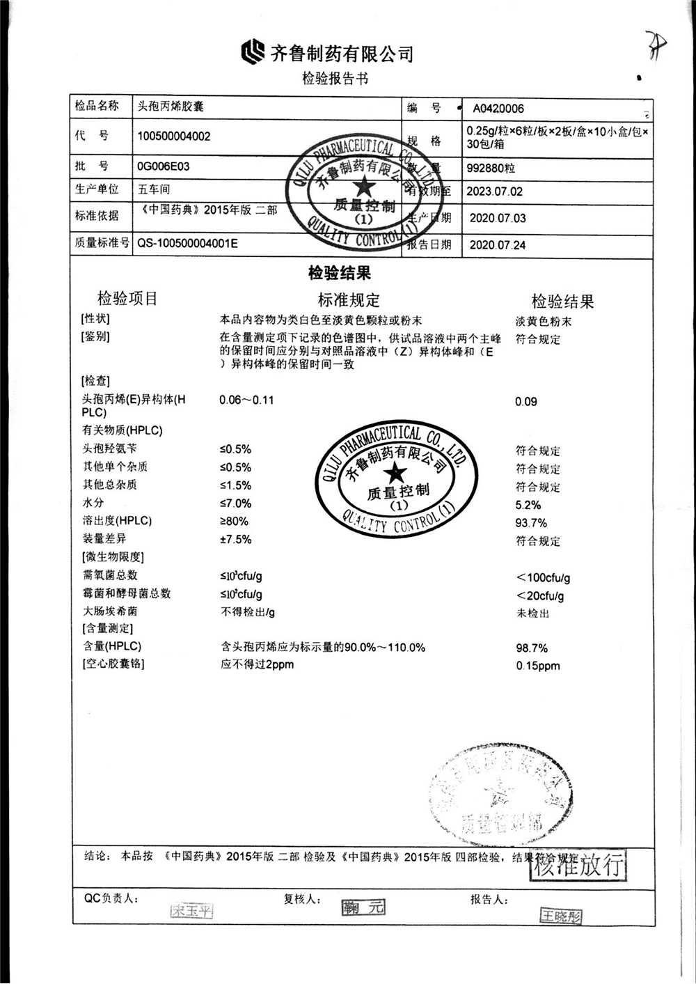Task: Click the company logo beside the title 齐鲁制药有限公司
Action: (x=253, y=52)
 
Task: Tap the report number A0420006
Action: (x=498, y=109)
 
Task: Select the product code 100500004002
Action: (x=173, y=136)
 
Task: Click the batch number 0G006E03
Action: (x=163, y=166)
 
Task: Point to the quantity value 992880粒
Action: (x=491, y=169)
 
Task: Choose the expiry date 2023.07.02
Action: (x=495, y=192)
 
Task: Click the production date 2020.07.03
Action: (x=498, y=218)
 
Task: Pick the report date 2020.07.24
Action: (x=498, y=244)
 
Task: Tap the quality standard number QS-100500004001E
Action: (x=187, y=243)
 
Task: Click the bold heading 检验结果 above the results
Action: (x=340, y=273)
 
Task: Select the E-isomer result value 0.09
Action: (x=526, y=402)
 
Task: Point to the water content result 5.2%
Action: (x=528, y=505)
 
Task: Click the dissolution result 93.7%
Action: (x=531, y=523)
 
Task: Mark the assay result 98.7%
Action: (x=532, y=648)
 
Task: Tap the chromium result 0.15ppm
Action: (x=538, y=666)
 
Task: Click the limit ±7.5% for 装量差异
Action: (x=235, y=540)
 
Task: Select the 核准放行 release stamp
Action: (x=579, y=865)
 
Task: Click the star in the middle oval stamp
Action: (x=395, y=474)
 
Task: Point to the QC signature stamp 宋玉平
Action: (x=191, y=910)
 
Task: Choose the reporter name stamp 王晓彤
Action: (x=561, y=916)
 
